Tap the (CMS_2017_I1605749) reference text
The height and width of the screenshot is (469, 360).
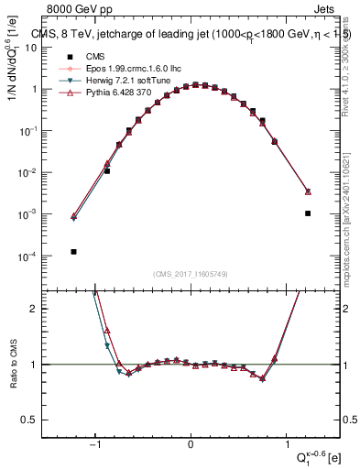(x=191, y=274)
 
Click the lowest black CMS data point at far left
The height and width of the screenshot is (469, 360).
(x=73, y=252)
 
